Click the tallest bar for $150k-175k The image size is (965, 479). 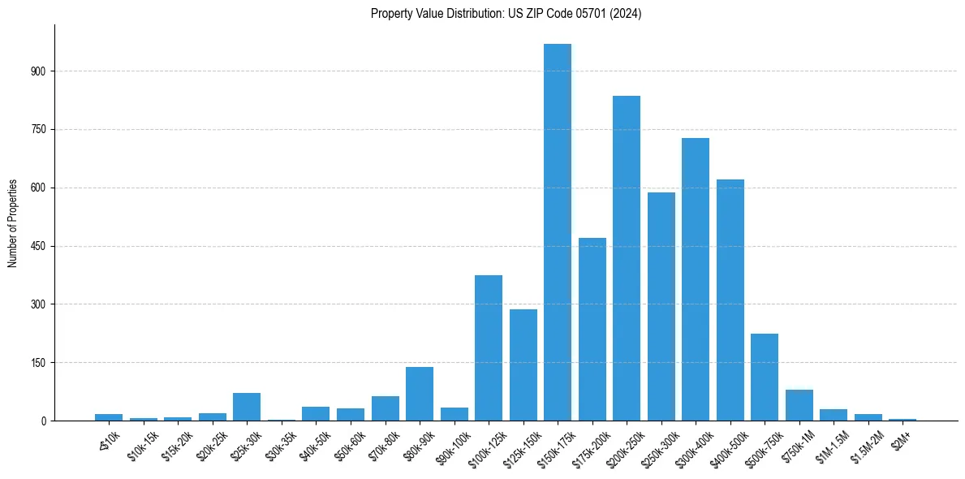point(558,232)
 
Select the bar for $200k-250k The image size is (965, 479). point(627,258)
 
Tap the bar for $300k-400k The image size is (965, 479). point(696,279)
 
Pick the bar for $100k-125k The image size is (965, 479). point(489,347)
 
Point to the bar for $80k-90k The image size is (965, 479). point(420,394)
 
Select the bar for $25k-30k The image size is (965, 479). point(247,407)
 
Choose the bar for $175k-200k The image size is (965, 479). point(592,329)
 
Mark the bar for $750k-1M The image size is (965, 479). point(799,405)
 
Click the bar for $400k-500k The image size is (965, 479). point(730,300)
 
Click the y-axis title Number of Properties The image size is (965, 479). point(12,223)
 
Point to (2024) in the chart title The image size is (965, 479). point(628,14)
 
